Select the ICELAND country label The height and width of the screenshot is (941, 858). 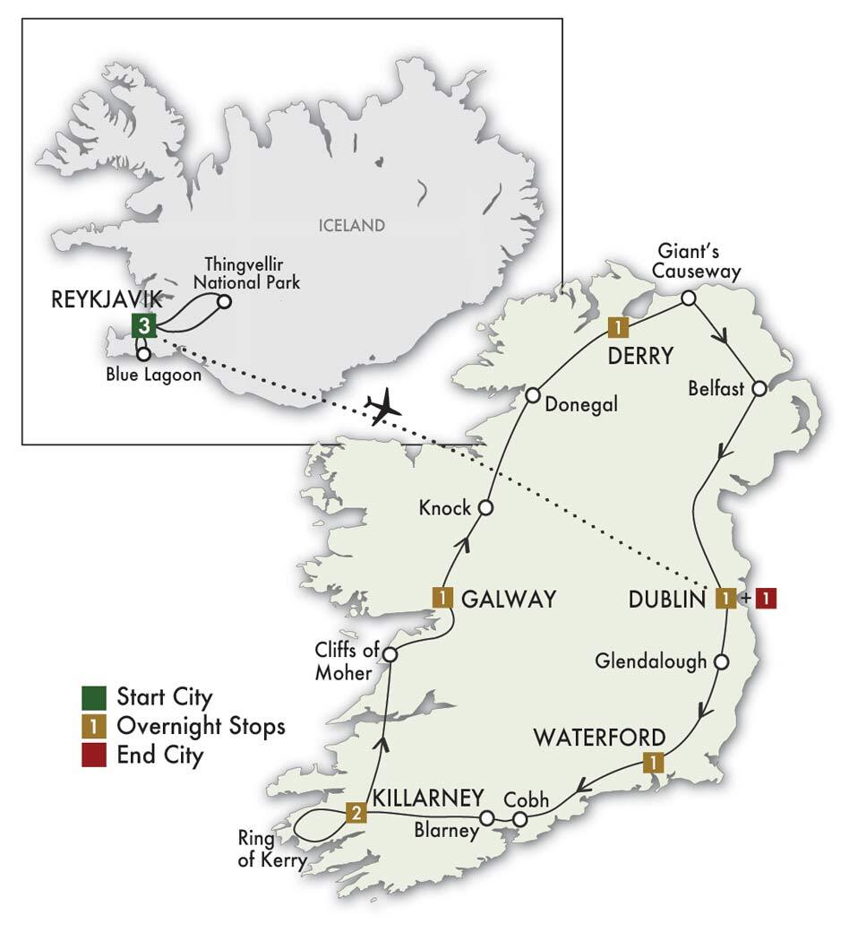[351, 225]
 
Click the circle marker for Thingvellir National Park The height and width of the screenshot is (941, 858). [224, 302]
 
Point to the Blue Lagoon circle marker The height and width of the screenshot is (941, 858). [143, 354]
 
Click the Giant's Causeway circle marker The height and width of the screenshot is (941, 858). [688, 298]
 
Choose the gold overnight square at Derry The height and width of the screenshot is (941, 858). [616, 325]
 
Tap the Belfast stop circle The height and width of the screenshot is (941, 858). [759, 389]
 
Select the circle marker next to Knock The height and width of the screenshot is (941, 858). [485, 508]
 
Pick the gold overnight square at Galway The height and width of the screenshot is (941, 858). [442, 597]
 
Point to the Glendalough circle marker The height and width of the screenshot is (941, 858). [723, 662]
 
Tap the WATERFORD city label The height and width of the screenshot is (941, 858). [599, 738]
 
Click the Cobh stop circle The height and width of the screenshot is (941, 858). [520, 818]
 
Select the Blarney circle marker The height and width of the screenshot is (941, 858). [487, 817]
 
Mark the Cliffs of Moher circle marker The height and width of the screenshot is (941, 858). [390, 655]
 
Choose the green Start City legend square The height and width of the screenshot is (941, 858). [93, 696]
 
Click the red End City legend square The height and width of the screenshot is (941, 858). [93, 755]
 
